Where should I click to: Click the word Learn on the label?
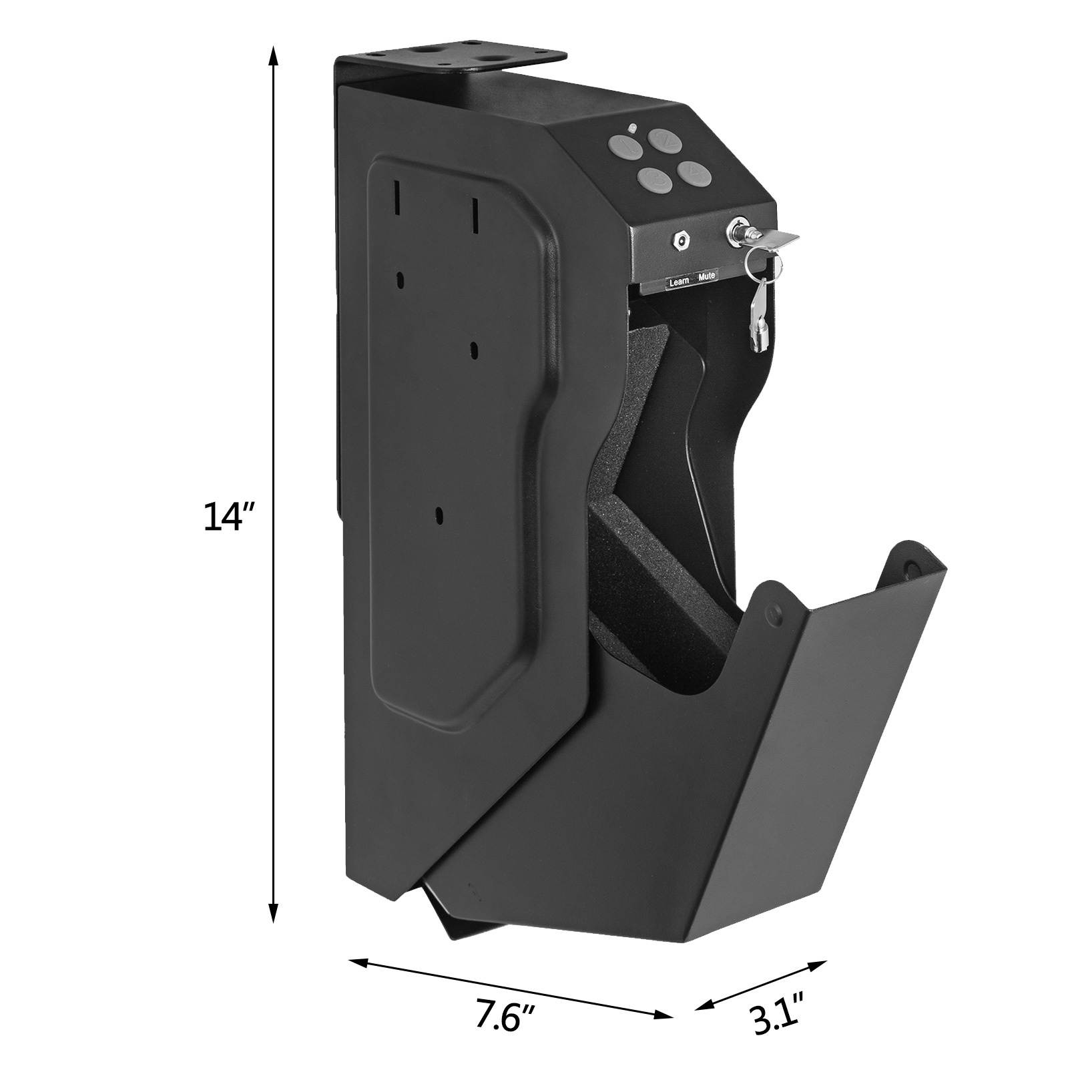pyautogui.click(x=679, y=282)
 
